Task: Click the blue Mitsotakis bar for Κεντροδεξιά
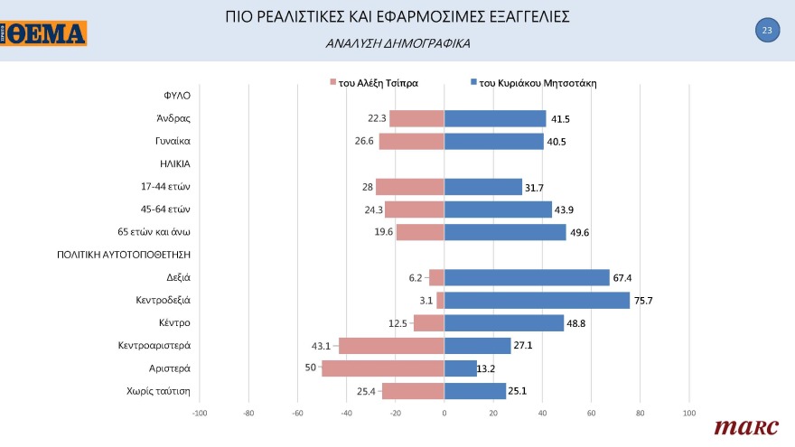(537, 300)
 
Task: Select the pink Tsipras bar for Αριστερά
(383, 368)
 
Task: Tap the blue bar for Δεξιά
(527, 277)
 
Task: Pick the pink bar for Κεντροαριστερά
(391, 346)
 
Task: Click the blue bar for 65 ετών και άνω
(505, 232)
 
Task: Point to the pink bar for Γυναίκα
(412, 141)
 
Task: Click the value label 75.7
(643, 301)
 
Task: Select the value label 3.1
(425, 301)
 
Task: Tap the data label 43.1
(322, 346)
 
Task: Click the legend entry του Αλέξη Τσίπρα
(373, 83)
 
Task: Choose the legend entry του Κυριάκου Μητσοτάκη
(533, 83)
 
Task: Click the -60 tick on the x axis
(297, 414)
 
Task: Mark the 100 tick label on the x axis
(688, 414)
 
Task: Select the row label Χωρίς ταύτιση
(163, 391)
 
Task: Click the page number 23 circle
(766, 31)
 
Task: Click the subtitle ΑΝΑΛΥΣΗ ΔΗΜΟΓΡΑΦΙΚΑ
(397, 43)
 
